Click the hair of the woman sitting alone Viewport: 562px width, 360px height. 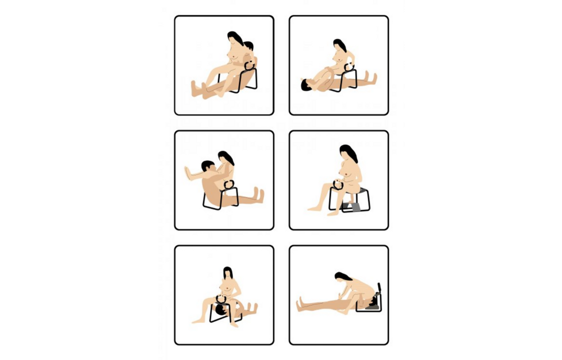click(348, 154)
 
